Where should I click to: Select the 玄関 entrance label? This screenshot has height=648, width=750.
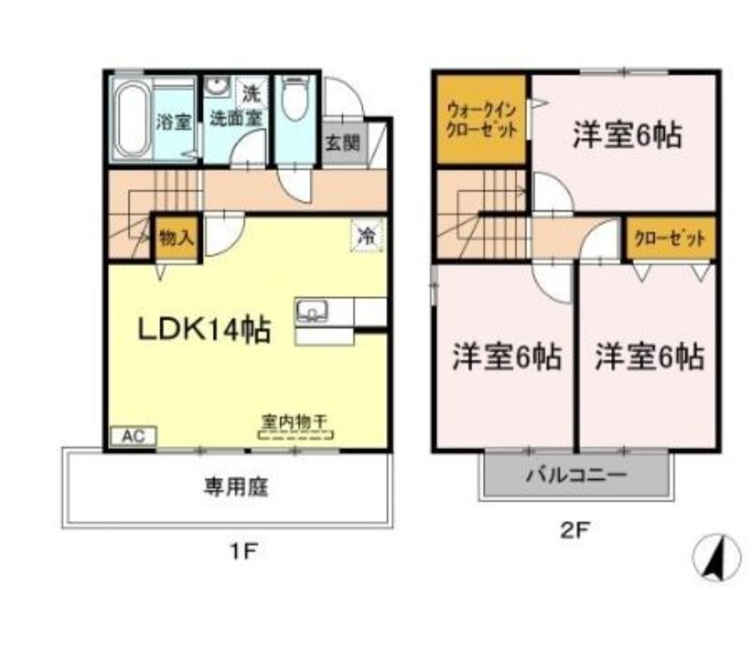(342, 143)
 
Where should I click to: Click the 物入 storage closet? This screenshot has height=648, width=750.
(175, 237)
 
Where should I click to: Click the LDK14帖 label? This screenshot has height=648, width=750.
(205, 329)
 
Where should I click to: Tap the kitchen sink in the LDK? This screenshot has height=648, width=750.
(311, 311)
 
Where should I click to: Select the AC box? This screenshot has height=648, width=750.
(134, 436)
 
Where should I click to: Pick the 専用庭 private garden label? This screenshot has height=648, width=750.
(226, 488)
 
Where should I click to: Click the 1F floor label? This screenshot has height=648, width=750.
(242, 551)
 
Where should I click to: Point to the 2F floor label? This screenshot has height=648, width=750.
(575, 531)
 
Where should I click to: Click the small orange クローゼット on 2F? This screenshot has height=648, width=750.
(669, 238)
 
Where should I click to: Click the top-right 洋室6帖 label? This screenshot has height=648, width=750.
(627, 137)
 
